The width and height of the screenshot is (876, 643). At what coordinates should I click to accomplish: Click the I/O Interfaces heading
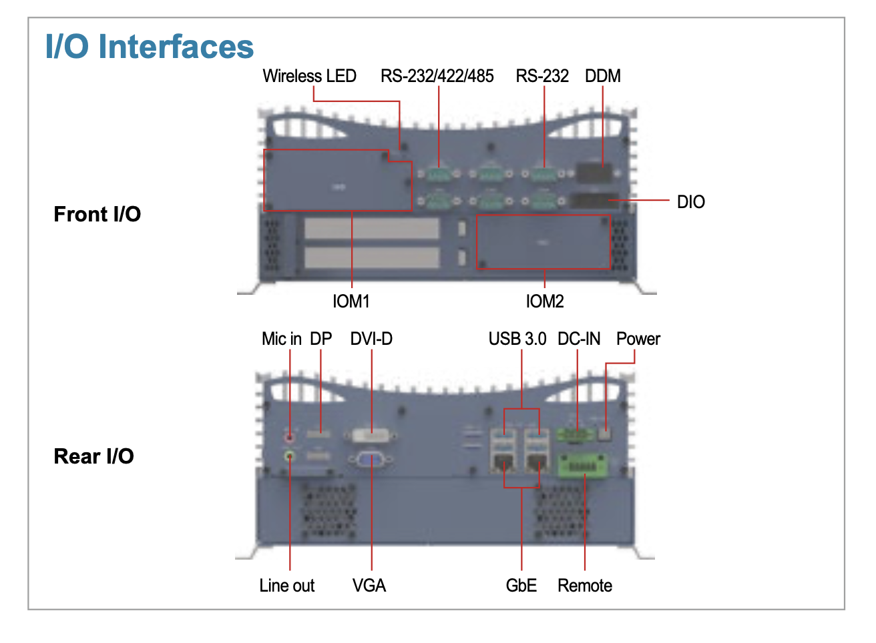pos(150,47)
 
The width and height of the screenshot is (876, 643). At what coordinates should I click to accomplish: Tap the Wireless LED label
pos(309,76)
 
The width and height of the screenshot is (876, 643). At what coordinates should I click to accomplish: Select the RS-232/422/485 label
pos(437,76)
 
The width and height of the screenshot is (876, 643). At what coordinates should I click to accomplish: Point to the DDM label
pos(603,76)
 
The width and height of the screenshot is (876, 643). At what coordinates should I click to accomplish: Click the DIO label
pos(691,202)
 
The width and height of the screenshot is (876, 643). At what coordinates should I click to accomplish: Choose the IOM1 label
pos(351,301)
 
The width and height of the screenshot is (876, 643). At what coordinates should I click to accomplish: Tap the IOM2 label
pos(545,301)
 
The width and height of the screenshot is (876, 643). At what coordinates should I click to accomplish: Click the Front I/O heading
pos(97,214)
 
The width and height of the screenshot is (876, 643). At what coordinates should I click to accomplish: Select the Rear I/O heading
pos(94,456)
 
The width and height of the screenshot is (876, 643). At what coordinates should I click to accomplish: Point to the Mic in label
pos(282,339)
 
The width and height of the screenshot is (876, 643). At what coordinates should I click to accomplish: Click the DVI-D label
pos(371,339)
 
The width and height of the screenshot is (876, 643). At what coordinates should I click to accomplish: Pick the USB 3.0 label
pos(517,339)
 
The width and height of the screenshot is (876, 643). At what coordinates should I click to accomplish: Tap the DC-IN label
pos(579,339)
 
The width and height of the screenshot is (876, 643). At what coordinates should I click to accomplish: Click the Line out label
pos(287,586)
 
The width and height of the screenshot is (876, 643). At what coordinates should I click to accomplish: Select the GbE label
pos(521,586)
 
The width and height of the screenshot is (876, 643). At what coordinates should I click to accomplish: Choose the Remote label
pos(585,586)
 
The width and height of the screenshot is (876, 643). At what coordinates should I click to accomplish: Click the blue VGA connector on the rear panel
pos(371,460)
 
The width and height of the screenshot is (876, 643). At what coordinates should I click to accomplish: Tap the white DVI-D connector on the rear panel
pos(371,435)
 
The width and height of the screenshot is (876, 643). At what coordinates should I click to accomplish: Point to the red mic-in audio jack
pos(289,438)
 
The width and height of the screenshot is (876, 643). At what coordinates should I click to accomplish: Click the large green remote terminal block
pos(583,466)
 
